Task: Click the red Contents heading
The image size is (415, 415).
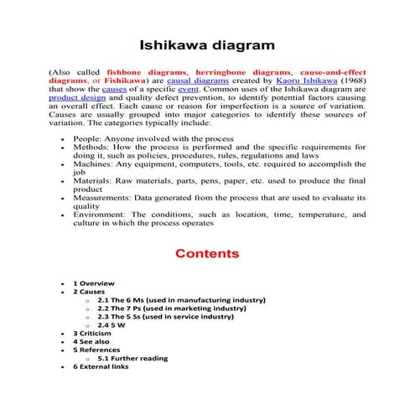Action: pyautogui.click(x=207, y=253)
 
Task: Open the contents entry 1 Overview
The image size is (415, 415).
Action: pyautogui.click(x=94, y=283)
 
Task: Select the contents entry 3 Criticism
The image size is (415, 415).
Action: pyautogui.click(x=92, y=333)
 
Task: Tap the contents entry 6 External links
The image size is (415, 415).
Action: pyautogui.click(x=101, y=366)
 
